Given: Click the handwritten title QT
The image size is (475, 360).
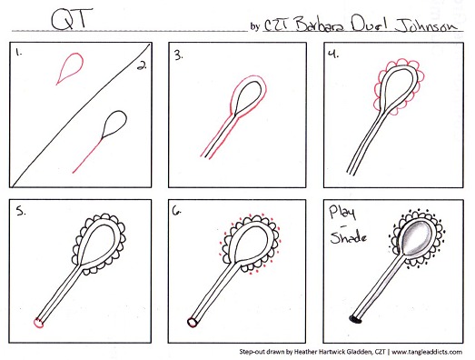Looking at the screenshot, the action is [x=72, y=19].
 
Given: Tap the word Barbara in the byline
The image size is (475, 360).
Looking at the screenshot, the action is [x=320, y=24].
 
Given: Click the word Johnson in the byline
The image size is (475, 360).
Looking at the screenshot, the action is [x=426, y=25].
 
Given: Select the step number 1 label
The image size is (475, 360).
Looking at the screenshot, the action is [x=19, y=52].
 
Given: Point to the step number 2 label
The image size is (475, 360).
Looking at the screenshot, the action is [x=142, y=65].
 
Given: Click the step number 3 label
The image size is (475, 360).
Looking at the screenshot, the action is [x=178, y=55].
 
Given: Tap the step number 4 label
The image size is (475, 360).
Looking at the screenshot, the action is [x=333, y=54].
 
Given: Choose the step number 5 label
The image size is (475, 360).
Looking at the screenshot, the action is [x=21, y=211].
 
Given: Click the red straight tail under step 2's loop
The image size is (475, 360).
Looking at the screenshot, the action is [x=88, y=155].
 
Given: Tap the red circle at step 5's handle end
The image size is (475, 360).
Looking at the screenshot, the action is [x=38, y=323].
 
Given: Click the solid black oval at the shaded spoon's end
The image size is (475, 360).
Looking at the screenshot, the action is [x=356, y=319].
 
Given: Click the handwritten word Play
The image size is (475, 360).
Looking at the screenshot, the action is [x=342, y=212].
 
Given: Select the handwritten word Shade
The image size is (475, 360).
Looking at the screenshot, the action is [x=349, y=237].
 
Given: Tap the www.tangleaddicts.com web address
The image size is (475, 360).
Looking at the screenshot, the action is [x=427, y=352].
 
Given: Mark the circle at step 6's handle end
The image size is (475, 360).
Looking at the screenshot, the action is [x=192, y=322].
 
